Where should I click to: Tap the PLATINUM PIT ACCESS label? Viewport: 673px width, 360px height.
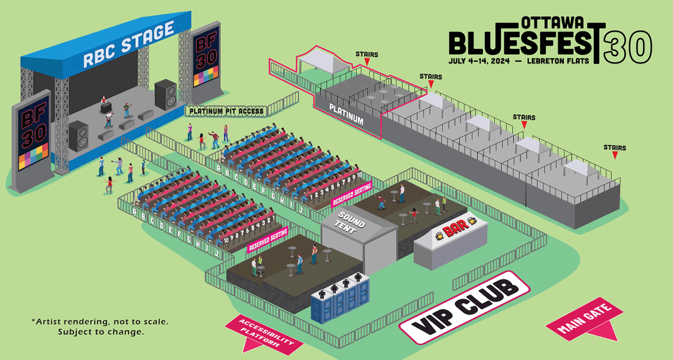tap(227, 111)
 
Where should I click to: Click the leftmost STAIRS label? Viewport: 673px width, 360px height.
tap(367, 54)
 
